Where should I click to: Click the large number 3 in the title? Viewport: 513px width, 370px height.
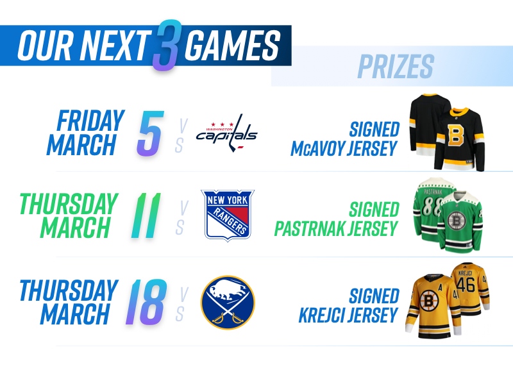167,45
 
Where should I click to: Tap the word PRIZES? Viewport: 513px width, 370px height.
396,67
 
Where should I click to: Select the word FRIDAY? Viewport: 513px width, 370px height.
90,121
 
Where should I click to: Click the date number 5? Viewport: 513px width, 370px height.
150,133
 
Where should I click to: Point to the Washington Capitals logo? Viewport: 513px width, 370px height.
226,133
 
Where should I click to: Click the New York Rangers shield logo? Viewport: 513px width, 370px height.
228,215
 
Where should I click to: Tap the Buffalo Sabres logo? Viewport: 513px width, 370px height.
228,302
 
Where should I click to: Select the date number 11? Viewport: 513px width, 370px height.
146,215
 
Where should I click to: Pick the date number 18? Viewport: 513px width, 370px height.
146,302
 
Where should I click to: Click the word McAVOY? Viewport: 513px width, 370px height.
317,149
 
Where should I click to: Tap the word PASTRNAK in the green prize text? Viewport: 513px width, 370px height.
310,229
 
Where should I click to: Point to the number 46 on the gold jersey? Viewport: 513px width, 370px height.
466,284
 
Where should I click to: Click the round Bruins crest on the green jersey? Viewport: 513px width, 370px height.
457,220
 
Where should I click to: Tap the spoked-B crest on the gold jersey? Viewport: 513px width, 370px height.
428,300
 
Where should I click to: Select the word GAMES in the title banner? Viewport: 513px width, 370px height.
232,46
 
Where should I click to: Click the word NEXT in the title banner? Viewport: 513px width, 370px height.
115,46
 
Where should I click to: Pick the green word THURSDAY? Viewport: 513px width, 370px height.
69,204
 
